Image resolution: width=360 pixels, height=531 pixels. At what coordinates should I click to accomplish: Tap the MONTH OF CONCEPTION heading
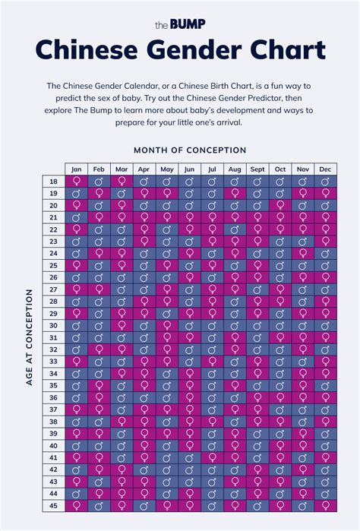click(190, 150)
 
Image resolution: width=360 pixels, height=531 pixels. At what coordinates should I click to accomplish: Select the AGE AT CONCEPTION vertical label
click(30, 337)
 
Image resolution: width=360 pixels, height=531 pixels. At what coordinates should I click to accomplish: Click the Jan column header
click(76, 169)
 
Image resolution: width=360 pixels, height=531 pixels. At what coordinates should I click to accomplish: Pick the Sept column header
click(257, 169)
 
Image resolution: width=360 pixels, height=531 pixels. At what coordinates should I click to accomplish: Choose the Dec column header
click(325, 169)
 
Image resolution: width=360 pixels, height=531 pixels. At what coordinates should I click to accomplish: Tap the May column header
click(167, 169)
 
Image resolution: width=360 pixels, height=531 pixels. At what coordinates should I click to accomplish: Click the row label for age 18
click(53, 182)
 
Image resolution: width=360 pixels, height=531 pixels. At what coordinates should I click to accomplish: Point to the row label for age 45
click(53, 504)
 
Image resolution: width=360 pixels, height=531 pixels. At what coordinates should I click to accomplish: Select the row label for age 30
click(53, 325)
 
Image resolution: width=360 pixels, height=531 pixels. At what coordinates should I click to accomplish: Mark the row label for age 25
click(53, 265)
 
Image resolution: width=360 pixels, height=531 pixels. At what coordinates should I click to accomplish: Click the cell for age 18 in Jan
click(76, 182)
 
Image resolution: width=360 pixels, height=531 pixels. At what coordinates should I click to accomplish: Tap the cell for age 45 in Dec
click(325, 504)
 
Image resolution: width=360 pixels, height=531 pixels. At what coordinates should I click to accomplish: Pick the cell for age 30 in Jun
click(190, 325)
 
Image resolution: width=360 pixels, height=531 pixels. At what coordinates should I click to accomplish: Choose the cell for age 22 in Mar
click(122, 229)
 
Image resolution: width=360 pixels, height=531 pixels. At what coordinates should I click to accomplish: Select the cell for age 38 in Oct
click(280, 421)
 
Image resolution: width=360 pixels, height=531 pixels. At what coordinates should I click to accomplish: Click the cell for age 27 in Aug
click(235, 289)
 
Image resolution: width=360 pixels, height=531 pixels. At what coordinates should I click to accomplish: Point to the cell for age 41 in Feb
click(99, 457)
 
